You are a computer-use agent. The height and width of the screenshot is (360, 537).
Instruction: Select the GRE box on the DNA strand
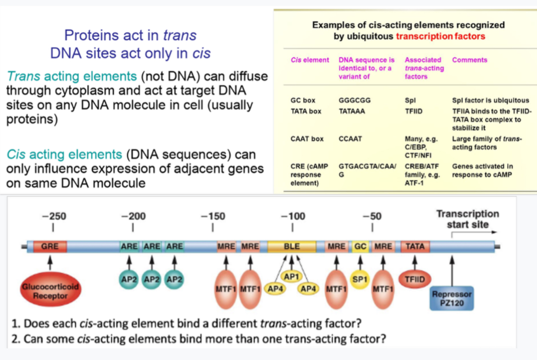(50, 246)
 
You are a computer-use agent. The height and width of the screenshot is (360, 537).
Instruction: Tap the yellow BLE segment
(292, 246)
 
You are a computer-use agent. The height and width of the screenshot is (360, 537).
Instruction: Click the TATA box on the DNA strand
(415, 246)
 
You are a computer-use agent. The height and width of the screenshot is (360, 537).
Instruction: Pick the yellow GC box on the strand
(361, 246)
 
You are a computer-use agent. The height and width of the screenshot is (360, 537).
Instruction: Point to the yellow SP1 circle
(359, 278)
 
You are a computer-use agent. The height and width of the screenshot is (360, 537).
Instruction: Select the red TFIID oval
(414, 279)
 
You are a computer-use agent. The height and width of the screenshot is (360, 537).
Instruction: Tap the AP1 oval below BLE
(291, 277)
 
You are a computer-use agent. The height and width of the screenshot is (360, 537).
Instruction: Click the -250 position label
(54, 216)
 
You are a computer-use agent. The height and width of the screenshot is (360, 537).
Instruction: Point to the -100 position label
(293, 216)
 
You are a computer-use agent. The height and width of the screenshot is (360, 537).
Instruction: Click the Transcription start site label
(467, 219)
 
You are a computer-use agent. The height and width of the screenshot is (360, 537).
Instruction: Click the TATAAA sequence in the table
(352, 111)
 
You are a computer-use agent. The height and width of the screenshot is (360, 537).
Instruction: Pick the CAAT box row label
(307, 139)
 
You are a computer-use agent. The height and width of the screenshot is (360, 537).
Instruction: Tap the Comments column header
(470, 60)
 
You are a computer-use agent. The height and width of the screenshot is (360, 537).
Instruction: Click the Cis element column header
(310, 60)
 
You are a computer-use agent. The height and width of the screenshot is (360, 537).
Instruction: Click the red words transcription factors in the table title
(440, 36)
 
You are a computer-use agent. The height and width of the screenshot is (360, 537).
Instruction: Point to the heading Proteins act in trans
(130, 35)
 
